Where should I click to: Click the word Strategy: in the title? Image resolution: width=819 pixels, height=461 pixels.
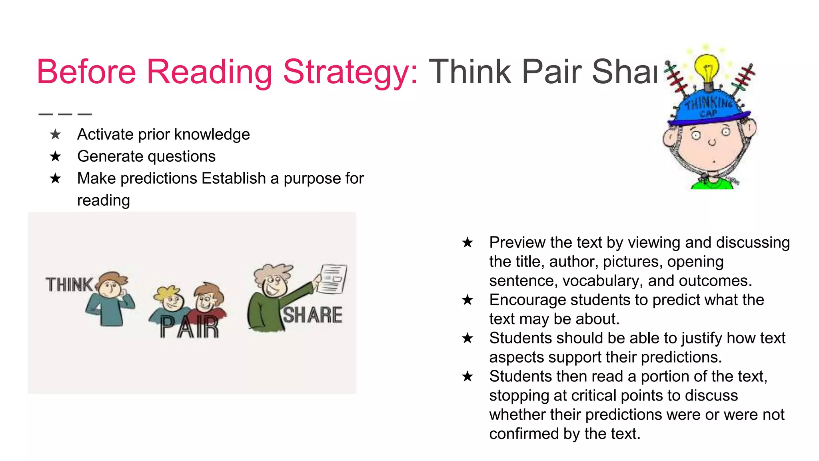pos(350,72)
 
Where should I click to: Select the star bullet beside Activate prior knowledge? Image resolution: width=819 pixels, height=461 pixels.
pos(56,134)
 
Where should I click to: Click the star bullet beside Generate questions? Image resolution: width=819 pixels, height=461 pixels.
pos(56,156)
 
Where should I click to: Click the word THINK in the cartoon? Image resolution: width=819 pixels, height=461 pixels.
pos(69,285)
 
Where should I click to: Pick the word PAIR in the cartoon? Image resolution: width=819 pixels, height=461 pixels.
pos(189,327)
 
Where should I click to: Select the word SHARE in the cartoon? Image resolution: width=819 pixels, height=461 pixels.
pos(312,315)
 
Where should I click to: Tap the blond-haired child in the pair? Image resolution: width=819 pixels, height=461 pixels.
pos(170,301)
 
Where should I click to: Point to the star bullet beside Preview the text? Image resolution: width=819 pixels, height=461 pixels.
pos(467,243)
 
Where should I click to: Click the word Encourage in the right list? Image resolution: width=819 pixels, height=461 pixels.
pos(522,300)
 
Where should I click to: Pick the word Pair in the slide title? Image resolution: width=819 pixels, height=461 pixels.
pos(552,72)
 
